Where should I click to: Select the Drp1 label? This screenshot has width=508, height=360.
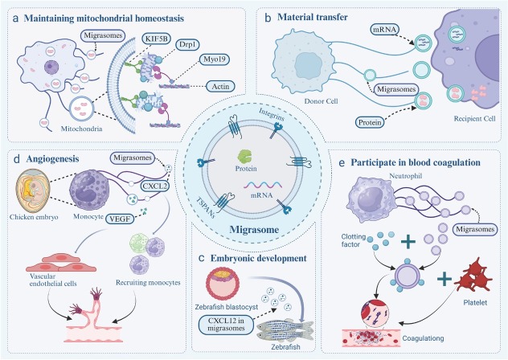click(187, 45)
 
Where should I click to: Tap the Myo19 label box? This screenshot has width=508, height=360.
click(214, 59)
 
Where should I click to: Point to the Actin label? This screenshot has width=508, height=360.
click(220, 87)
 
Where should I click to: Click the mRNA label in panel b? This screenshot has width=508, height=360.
click(384, 30)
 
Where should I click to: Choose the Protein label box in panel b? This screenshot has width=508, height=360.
click(370, 122)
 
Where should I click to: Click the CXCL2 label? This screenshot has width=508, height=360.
click(155, 186)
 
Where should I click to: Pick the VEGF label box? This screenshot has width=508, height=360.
click(120, 219)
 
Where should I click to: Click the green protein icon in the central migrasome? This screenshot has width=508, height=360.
click(246, 157)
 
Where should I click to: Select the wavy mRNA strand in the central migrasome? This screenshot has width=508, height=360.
click(263, 185)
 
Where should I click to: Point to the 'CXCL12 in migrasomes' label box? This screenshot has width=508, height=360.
click(226, 324)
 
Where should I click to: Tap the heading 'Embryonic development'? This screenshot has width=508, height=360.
click(259, 258)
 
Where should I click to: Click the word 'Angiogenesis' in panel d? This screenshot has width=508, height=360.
click(52, 159)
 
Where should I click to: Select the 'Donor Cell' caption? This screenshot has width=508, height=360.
click(321, 101)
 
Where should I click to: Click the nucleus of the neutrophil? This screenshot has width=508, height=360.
click(371, 198)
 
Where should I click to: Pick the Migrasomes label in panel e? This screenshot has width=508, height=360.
click(474, 229)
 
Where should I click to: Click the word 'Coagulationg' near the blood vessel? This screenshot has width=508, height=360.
click(423, 338)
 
